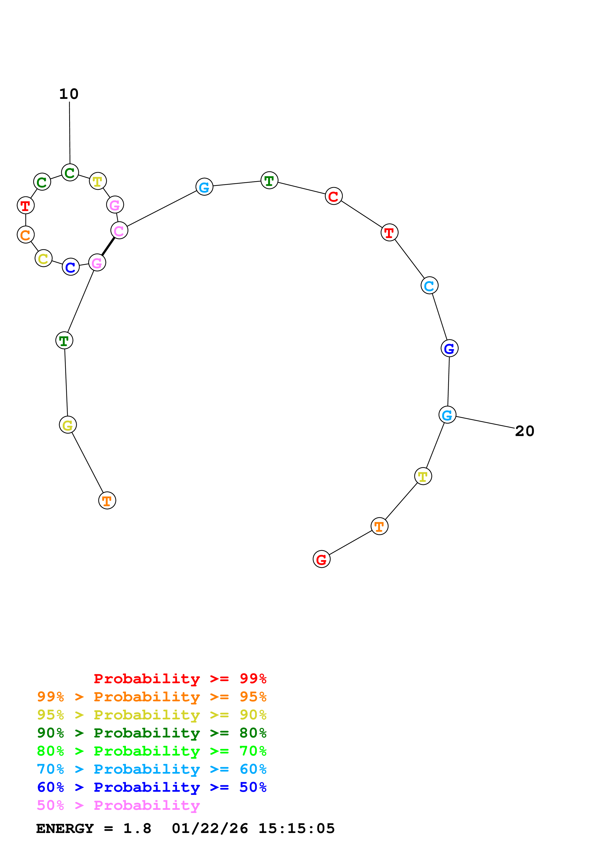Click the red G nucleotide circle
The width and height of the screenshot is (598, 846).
tap(321, 559)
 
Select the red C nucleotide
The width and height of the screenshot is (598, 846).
tap(333, 196)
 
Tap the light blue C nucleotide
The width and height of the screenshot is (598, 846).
tap(429, 286)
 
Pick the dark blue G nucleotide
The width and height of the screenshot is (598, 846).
tap(449, 348)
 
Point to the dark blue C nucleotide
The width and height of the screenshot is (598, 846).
tap(70, 267)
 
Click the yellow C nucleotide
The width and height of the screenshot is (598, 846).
tap(43, 258)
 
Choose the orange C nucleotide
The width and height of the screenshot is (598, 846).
tap(25, 235)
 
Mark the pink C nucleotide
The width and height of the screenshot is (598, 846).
tap(119, 231)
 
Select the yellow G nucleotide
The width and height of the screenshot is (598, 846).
tap(68, 425)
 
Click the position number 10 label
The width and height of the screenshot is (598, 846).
tap(69, 94)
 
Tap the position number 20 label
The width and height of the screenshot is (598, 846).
tap(524, 431)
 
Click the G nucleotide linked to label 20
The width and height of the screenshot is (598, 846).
tap(447, 415)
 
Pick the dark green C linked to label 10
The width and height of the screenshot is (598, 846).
tap(70, 172)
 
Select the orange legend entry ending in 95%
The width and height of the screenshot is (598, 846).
tap(151, 697)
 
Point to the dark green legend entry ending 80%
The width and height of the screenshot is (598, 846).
tap(151, 733)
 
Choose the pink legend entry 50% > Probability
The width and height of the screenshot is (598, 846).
tap(118, 805)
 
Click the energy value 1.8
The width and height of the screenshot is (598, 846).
tap(137, 829)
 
